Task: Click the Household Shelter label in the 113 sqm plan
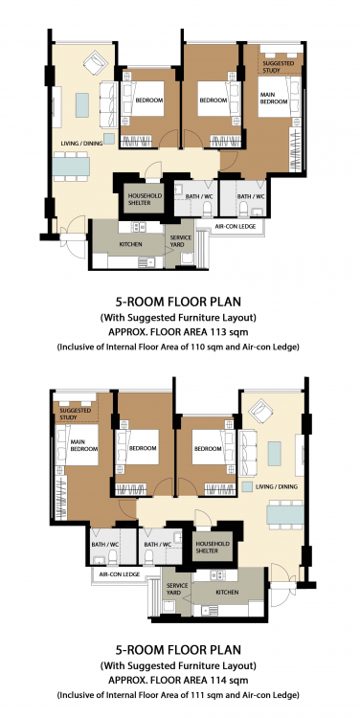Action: (145, 199)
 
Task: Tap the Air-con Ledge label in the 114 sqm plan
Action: (116, 572)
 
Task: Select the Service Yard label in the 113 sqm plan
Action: (180, 241)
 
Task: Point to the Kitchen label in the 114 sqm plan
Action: (227, 592)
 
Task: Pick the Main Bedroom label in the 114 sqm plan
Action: (84, 445)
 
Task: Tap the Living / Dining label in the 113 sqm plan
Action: (81, 144)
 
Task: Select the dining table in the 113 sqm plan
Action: (71, 167)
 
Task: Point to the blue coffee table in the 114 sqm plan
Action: (275, 454)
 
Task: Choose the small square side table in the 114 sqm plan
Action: (247, 486)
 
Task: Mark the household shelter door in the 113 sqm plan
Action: (153, 168)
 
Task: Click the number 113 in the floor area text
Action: (214, 331)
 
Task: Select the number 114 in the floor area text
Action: (214, 680)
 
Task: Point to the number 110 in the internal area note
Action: (205, 348)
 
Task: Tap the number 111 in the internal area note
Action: (205, 696)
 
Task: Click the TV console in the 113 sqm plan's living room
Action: (56, 107)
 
